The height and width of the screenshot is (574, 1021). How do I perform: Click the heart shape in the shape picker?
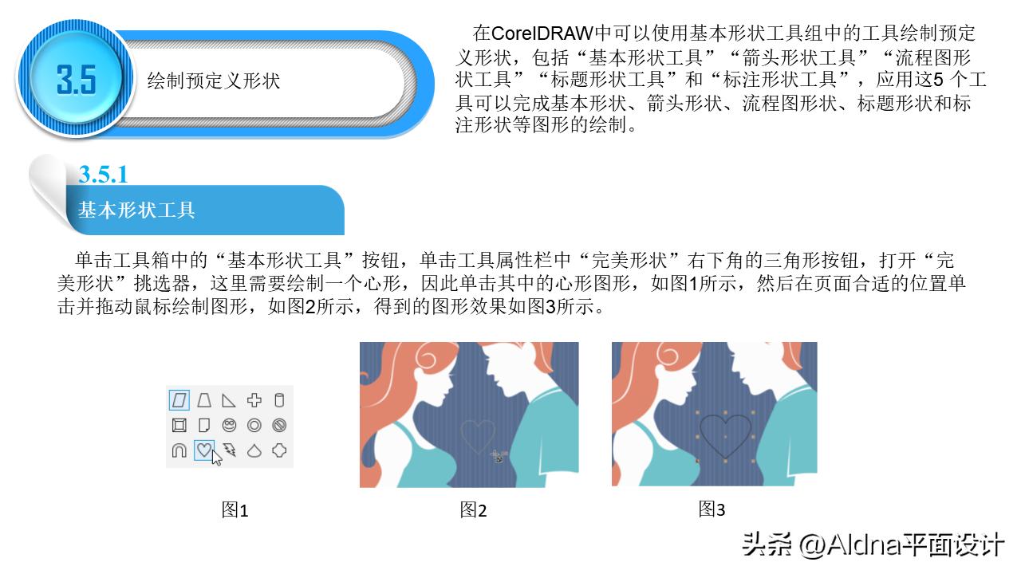204,450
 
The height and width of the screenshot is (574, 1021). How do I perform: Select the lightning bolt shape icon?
230,450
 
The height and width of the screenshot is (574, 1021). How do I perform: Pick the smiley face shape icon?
230,425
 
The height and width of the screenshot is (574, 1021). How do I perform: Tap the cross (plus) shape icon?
254,400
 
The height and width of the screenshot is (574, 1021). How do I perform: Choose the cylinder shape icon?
279,400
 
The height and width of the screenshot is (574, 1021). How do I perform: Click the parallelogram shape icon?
179,400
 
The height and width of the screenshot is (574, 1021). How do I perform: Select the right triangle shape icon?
230,400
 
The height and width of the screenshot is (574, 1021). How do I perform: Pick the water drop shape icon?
254,450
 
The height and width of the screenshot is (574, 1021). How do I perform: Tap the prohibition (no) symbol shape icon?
279,425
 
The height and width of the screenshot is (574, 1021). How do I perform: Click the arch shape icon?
179,450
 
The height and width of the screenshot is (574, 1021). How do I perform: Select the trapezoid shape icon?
204,400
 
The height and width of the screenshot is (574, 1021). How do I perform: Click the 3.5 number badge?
76,80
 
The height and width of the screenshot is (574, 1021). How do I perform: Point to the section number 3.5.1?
103,174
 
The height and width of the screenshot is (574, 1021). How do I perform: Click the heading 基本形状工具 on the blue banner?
136,210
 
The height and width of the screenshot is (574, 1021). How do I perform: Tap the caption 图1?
235,510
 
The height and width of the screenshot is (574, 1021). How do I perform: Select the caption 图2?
473,510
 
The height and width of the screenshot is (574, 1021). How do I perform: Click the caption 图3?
712,509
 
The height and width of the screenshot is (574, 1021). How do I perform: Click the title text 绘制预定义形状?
214,81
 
